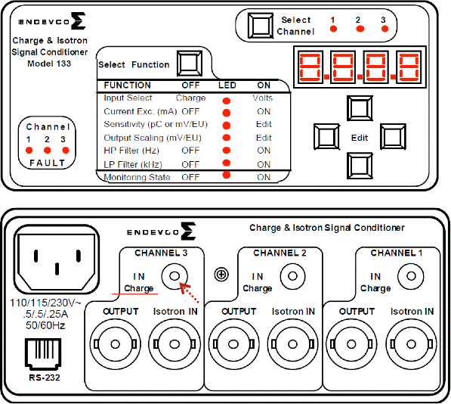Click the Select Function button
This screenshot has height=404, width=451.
[190, 64]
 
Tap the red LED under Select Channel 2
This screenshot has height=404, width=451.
[360, 29]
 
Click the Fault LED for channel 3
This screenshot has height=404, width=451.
[66, 150]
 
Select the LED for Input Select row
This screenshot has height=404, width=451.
[227, 101]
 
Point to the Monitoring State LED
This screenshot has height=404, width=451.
[227, 175]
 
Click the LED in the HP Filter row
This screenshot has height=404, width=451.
[227, 150]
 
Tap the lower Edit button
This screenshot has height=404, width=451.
[360, 166]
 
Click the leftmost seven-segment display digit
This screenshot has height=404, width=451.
[310, 67]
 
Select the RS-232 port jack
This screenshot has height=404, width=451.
[43, 354]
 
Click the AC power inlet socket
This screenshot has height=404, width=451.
[57, 259]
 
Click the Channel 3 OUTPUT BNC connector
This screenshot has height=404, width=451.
[116, 344]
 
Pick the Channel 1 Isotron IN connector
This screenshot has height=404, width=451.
[411, 344]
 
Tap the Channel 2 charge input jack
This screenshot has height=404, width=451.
[293, 276]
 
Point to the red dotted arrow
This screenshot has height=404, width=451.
[189, 293]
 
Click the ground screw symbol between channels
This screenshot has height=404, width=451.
[221, 275]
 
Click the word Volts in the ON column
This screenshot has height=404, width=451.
[263, 98]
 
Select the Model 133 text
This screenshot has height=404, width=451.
[49, 64]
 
